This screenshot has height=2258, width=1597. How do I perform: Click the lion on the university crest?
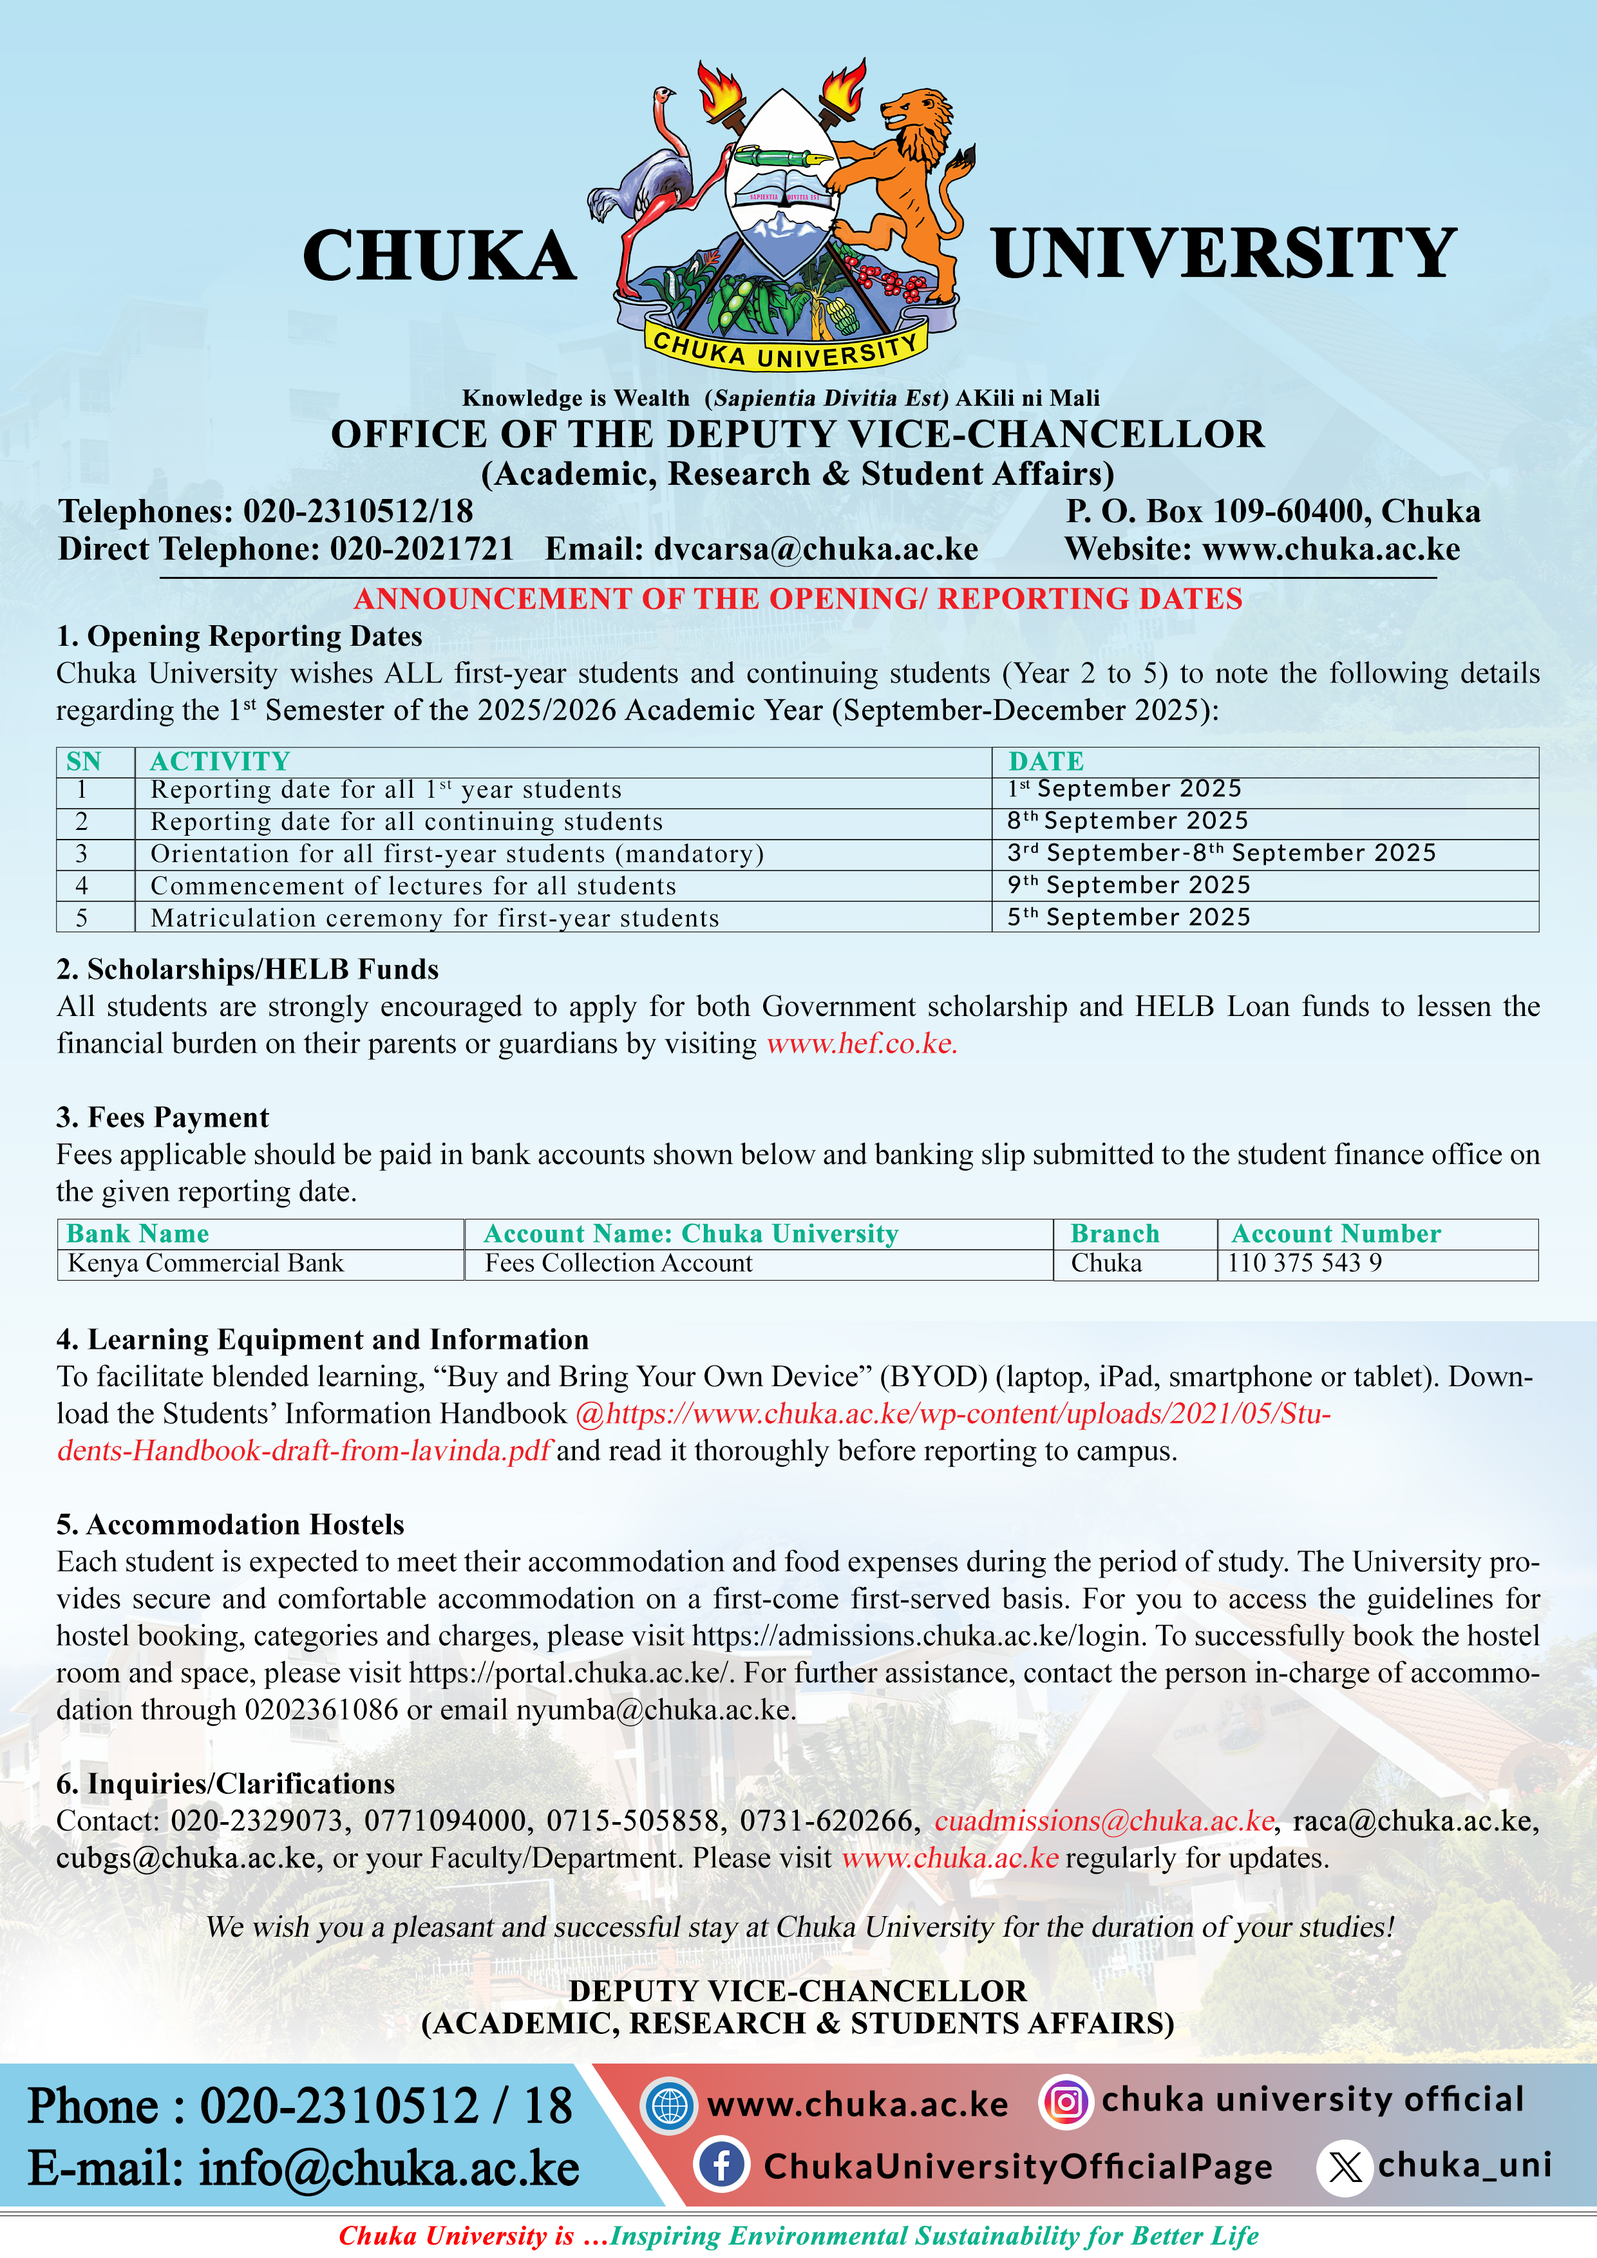pos(905,187)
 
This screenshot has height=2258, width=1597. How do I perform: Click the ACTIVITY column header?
pos(220,761)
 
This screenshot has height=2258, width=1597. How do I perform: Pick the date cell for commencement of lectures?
pos(1128,885)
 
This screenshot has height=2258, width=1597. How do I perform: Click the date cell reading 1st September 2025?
pos(1124,789)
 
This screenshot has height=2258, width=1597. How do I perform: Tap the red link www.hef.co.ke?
pos(862,1044)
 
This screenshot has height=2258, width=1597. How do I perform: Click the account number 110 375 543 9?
pos(1304,1264)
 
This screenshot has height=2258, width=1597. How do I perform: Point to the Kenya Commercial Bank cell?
pos(205,1264)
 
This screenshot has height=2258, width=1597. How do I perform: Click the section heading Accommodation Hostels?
pos(230,1525)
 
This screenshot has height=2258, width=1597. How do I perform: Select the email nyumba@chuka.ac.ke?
pos(655,1710)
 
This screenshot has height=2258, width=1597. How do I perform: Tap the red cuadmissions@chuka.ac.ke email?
pos(1103,1821)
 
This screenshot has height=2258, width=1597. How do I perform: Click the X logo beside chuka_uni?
pos(1345,2167)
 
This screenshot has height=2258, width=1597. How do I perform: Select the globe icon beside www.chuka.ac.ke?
pos(668,2105)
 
